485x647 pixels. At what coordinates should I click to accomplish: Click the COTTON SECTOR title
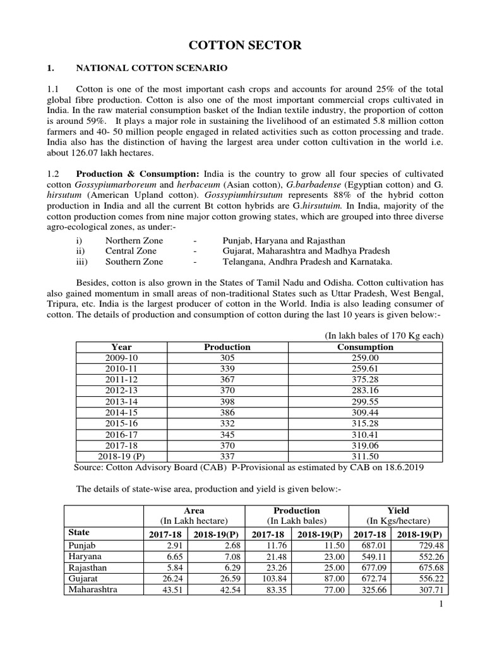click(x=242, y=45)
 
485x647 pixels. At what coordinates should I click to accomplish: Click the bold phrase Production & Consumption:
click(x=138, y=174)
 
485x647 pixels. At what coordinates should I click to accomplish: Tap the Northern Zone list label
click(x=134, y=241)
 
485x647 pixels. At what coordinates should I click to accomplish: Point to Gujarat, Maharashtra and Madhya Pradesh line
click(x=306, y=251)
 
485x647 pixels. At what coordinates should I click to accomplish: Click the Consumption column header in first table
click(x=365, y=347)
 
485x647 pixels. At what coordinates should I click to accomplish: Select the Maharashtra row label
click(x=92, y=590)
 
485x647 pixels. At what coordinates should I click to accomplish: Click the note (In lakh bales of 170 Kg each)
click(x=384, y=335)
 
